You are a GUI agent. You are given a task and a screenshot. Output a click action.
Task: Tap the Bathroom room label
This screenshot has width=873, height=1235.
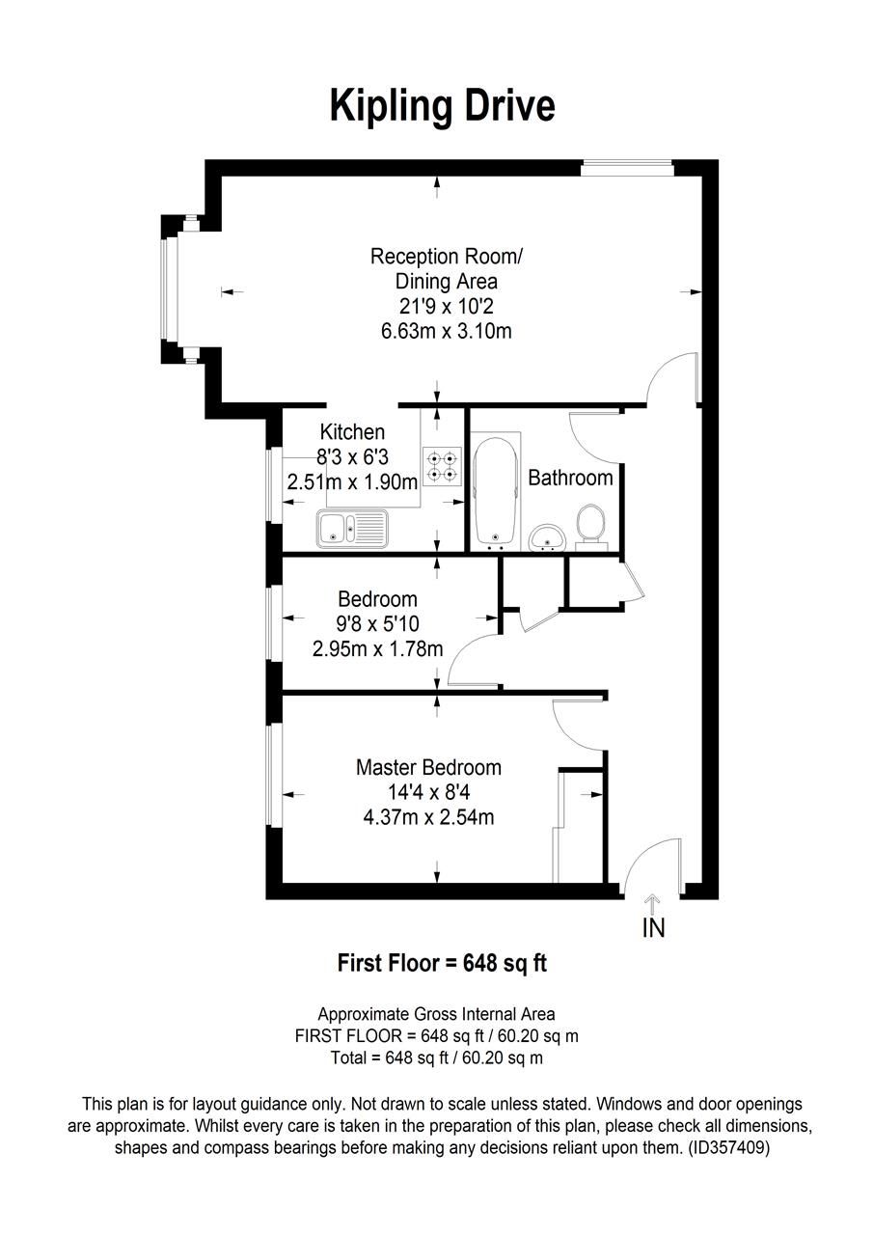point(570,478)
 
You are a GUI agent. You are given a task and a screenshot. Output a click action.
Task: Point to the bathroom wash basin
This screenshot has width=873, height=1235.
point(548,536)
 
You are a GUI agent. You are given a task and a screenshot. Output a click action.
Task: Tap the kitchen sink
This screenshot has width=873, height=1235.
point(351,528)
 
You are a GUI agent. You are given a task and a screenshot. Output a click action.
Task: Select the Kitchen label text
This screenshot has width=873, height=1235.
point(352,432)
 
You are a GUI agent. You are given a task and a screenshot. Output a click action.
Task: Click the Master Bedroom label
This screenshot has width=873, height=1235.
point(428,768)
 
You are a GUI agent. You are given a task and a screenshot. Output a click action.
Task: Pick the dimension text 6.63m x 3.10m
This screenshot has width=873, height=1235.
point(446,331)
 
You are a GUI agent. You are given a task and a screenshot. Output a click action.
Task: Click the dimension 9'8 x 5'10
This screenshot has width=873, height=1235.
point(378,623)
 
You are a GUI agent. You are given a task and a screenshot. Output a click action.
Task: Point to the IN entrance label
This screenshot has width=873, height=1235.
point(653,929)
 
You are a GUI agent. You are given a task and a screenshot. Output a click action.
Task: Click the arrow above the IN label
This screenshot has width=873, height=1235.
point(652,904)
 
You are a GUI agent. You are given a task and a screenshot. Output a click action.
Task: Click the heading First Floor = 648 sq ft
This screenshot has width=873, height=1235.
point(442,963)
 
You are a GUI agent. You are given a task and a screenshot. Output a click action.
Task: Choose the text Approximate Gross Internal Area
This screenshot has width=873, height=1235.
point(436,1014)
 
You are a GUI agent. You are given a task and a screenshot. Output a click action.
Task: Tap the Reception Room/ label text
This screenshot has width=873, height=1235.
point(446,257)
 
